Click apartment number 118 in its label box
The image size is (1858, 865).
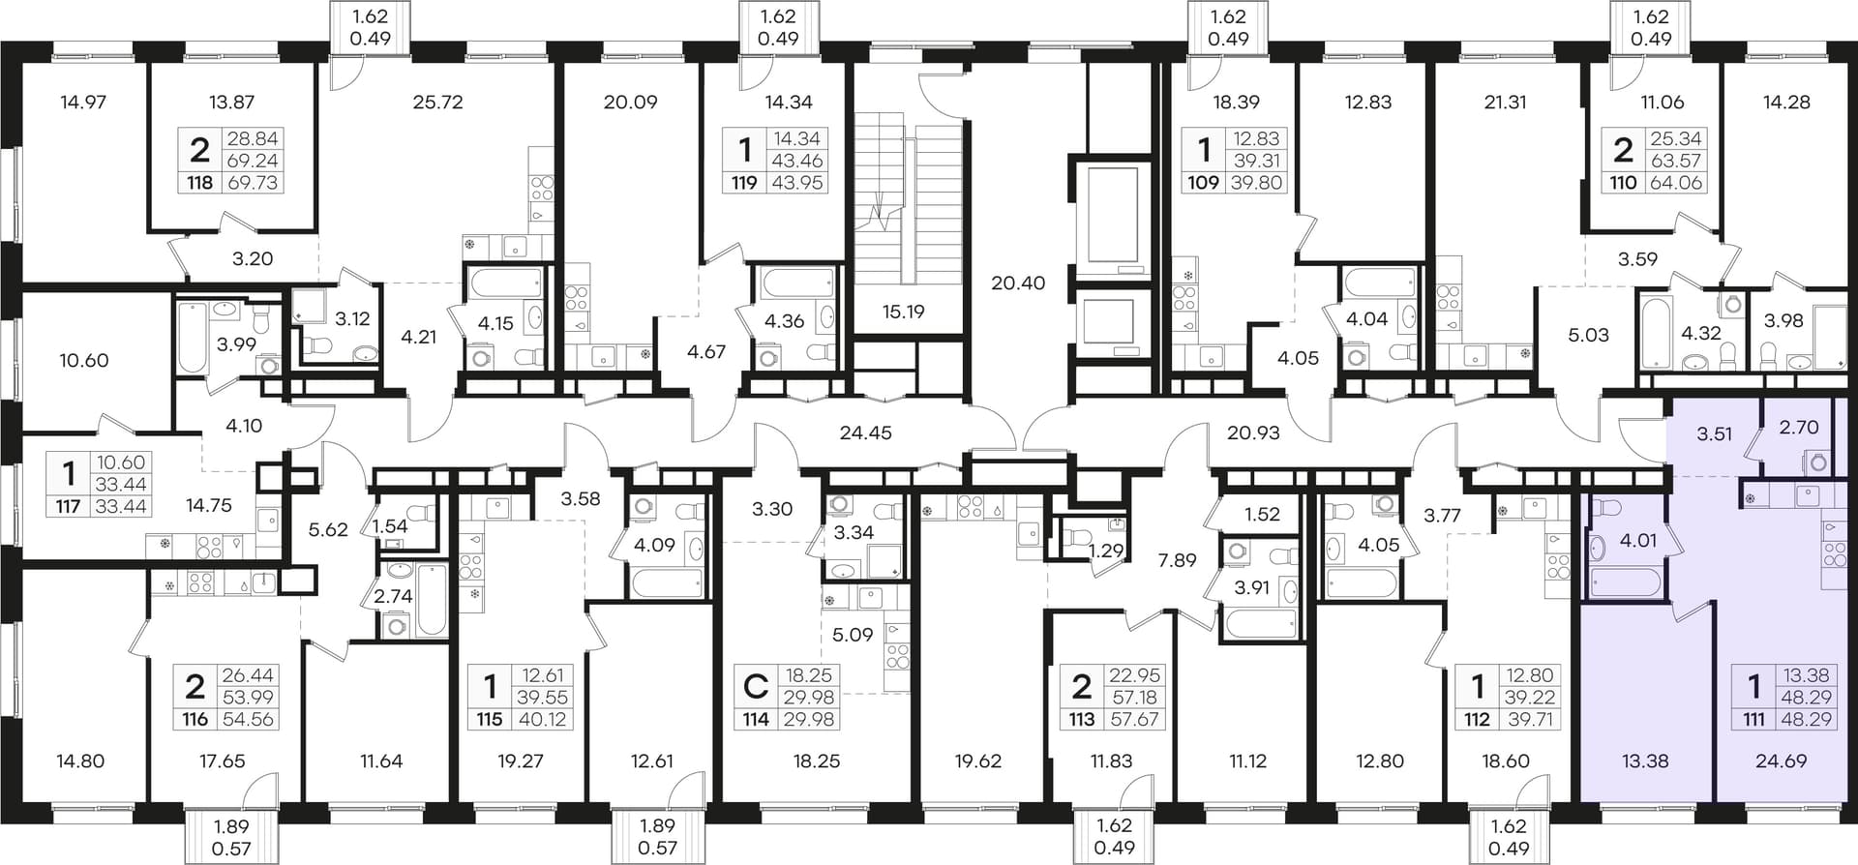pos(199,182)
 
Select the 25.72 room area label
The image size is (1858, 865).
pos(437,102)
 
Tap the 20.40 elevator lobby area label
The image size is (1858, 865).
pos(1018,283)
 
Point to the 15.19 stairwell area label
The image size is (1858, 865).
pos(903,312)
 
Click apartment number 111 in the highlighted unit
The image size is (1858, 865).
pos(1753,719)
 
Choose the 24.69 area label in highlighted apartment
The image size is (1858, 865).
pos(1781,761)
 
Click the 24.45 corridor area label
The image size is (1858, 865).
pos(865,433)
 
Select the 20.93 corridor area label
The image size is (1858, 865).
pos(1253,433)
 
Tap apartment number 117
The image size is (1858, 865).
pos(67,505)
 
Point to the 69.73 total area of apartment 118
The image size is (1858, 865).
pos(253,182)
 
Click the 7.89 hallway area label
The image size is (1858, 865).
pos(1177,559)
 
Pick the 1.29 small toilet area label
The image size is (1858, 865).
pos(1106,552)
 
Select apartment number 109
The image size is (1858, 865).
pos(1203,182)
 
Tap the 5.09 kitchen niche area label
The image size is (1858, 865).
pos(853,636)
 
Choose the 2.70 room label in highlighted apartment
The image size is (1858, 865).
pos(1799,427)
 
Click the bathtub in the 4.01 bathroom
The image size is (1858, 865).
pos(1626,582)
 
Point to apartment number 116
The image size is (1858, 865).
pos(195,719)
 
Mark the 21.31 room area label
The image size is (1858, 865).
pos(1506,102)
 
